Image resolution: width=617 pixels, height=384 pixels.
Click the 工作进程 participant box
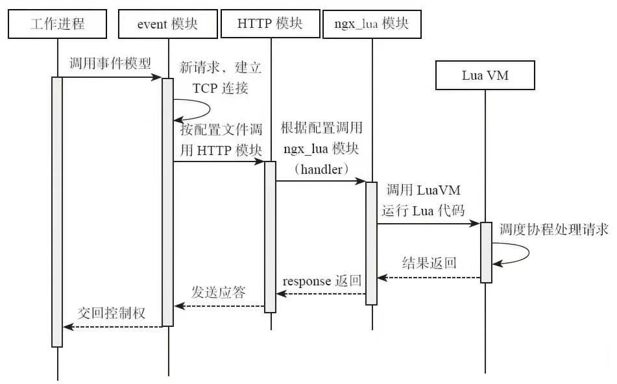pos(57,25)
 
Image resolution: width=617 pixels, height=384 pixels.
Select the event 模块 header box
pos(167,25)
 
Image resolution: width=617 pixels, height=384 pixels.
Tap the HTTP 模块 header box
pos(271,25)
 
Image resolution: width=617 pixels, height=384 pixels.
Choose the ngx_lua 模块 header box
pos(372,25)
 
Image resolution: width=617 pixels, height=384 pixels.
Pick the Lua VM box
pos(485,75)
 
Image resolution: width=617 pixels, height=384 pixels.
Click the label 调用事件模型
pos(110,64)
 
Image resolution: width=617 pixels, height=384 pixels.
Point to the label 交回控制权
pos(112,313)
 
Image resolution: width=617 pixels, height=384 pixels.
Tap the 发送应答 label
pos(219,293)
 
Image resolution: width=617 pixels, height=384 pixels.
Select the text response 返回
pos(321,282)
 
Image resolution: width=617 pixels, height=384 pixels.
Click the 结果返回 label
pos(429,263)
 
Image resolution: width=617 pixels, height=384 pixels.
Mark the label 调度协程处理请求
pos(553,230)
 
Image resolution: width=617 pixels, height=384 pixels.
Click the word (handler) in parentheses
pos(322,169)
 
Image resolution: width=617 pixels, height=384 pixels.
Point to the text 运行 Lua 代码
pos(423,210)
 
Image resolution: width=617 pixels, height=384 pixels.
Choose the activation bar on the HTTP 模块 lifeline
pos(271,236)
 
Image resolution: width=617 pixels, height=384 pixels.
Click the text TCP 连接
pos(220,88)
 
